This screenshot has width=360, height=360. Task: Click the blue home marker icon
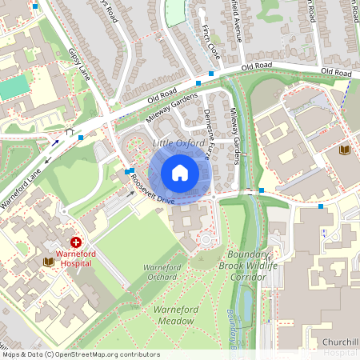tap(180, 173)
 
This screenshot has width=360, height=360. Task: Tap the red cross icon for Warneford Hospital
tap(76, 242)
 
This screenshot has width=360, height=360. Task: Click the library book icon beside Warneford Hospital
tap(47, 262)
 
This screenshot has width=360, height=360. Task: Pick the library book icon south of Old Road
tap(345, 150)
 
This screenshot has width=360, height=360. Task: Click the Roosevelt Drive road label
tap(153, 189)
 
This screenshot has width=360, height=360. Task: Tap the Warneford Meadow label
tap(174, 314)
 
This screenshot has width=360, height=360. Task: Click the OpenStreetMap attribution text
tap(80, 354)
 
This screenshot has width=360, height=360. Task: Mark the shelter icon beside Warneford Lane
tap(70, 132)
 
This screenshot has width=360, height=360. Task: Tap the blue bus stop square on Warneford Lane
tap(82, 137)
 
